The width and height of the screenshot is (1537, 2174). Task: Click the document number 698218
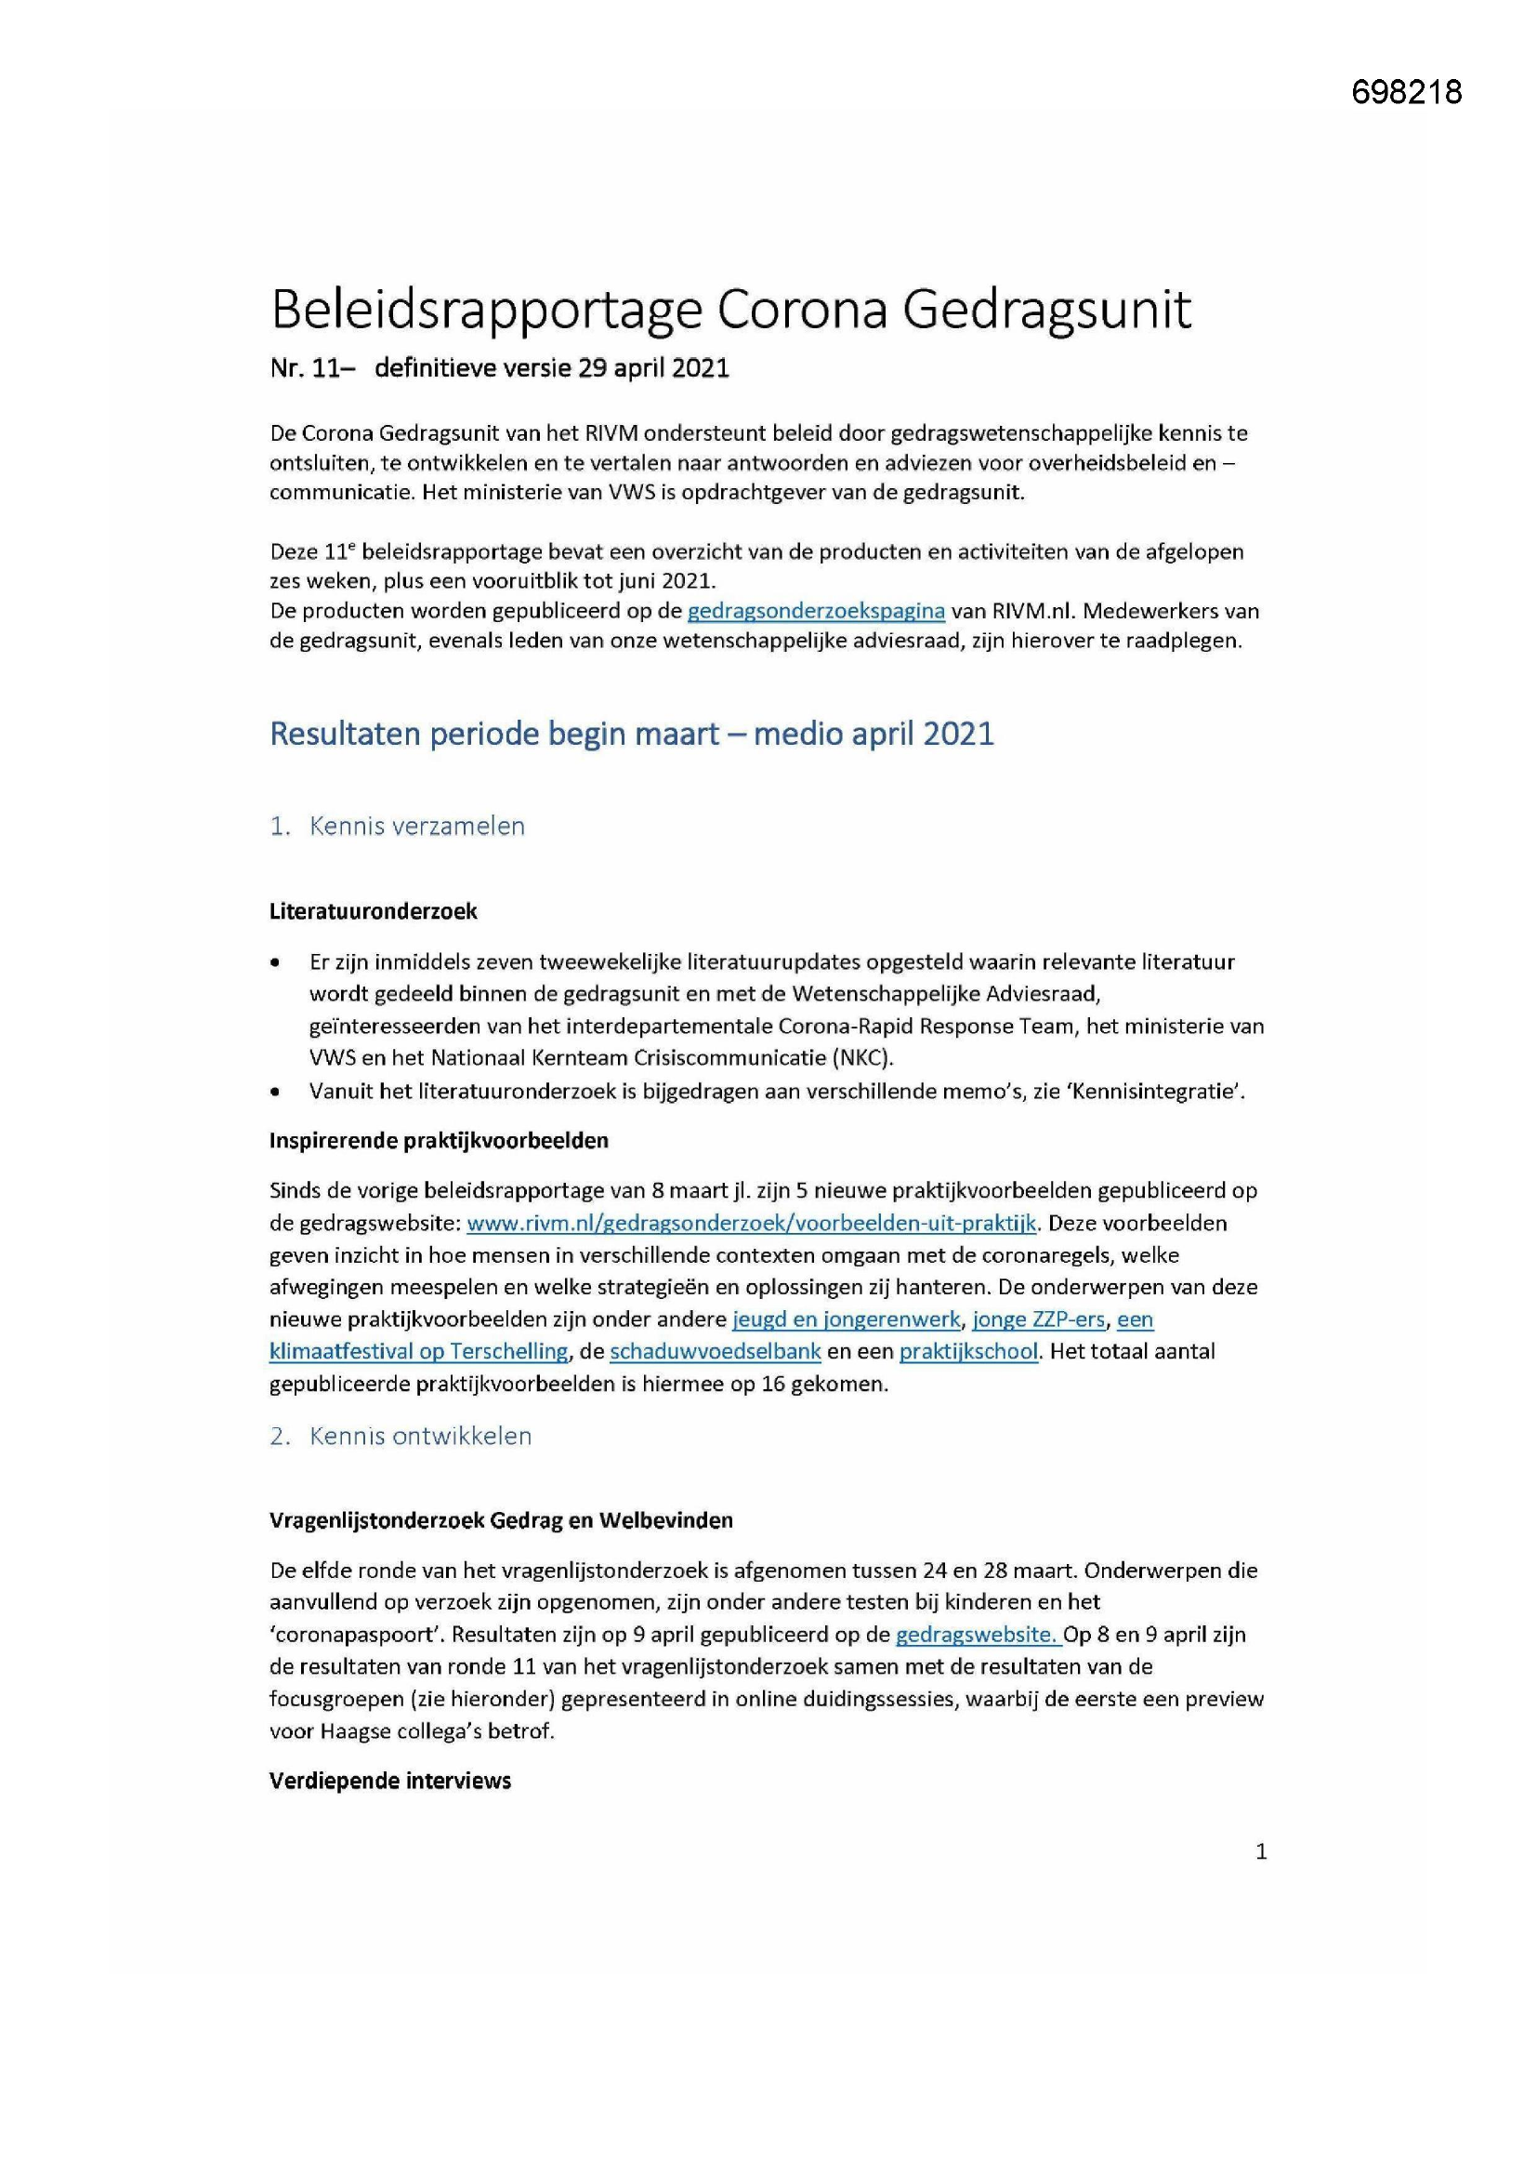pos(1406,92)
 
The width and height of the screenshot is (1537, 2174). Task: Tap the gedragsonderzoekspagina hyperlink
pos(816,611)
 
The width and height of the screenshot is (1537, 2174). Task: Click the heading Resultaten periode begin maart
pos(631,734)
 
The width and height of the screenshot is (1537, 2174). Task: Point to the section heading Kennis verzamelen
pos(416,826)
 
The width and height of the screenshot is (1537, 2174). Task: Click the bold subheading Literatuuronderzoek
pos(373,911)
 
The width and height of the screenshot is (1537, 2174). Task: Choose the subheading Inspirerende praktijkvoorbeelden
pos(439,1140)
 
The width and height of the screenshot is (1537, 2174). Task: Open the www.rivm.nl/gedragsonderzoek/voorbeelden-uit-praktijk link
pos(753,1223)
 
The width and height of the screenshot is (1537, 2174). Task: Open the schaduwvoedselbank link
pos(715,1351)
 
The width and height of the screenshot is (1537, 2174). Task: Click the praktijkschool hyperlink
pos(968,1351)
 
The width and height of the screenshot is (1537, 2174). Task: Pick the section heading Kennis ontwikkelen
pos(420,1436)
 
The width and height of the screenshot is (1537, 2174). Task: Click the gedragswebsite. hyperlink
pos(977,1635)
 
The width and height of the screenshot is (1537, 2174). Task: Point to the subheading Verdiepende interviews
pos(390,1780)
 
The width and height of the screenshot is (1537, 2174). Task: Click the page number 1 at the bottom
pos(1261,1851)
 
